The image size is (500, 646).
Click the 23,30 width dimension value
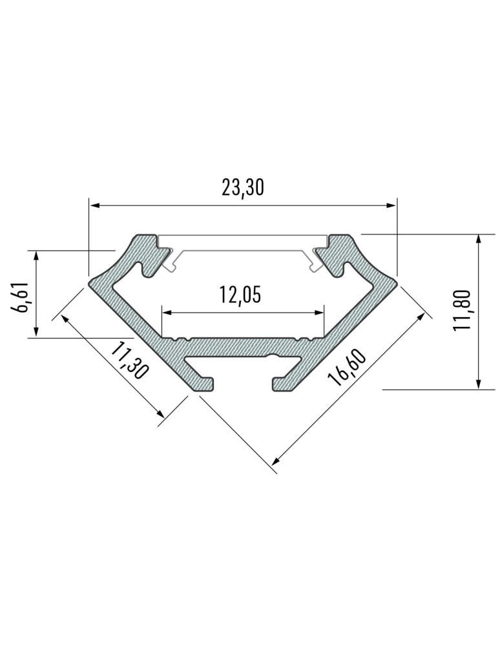point(243,187)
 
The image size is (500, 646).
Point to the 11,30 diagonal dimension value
point(130,362)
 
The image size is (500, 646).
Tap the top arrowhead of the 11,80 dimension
point(478,238)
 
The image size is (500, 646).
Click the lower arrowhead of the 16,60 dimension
point(275,461)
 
